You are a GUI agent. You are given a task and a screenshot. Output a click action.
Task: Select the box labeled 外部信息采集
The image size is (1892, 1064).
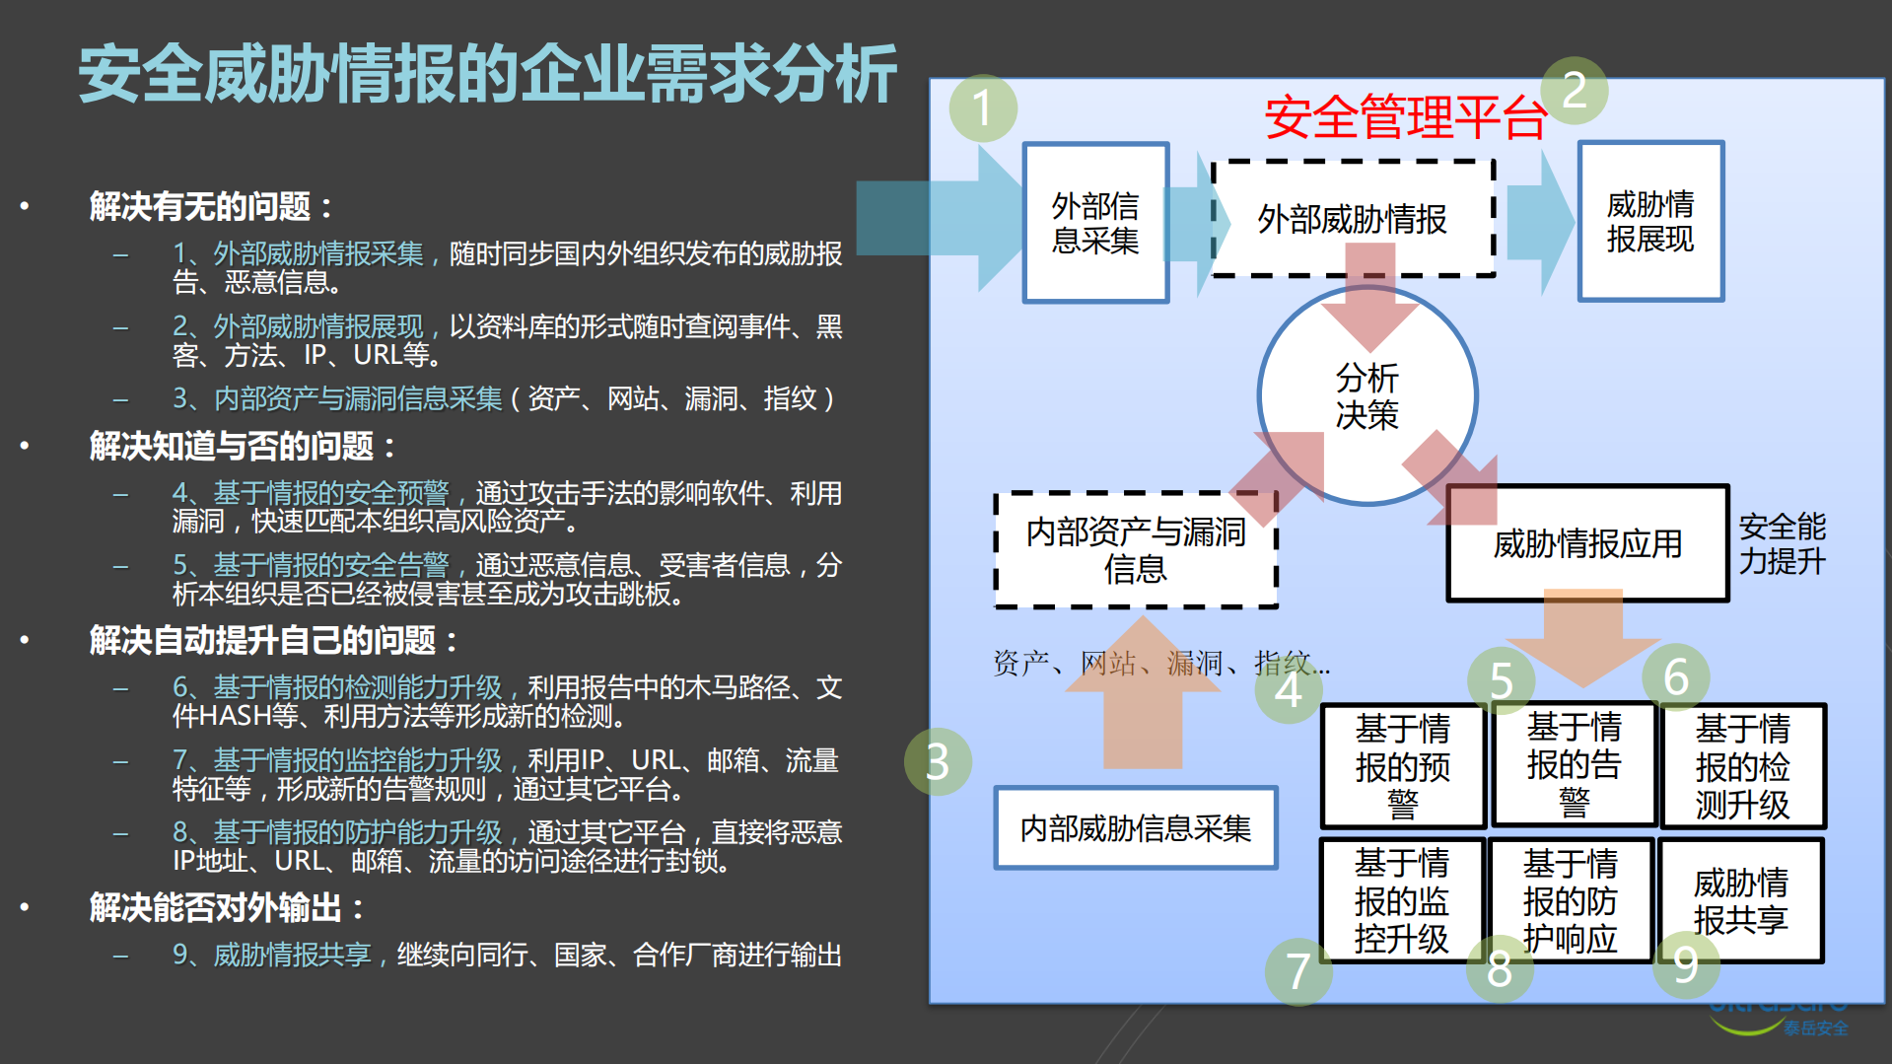(1095, 223)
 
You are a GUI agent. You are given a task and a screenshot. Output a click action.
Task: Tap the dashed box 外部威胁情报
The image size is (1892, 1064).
(1352, 218)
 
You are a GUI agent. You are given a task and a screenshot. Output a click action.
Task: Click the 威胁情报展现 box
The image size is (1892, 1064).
(1650, 221)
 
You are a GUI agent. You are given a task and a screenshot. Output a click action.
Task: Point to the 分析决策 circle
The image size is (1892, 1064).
(1366, 396)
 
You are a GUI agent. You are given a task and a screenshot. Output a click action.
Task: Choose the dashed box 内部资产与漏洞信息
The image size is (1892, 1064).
(1136, 550)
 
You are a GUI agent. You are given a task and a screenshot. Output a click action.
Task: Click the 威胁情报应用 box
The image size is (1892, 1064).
(1587, 543)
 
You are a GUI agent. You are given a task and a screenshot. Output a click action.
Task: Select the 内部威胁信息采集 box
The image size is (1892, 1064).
(1136, 828)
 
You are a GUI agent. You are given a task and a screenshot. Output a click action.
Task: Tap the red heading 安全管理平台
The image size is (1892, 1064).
(1405, 117)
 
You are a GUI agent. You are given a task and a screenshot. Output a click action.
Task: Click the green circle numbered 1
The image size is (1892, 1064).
(983, 107)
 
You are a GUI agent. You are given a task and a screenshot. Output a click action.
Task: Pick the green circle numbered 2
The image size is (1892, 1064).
(1575, 90)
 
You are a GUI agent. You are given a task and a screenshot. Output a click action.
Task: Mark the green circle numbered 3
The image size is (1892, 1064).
(938, 761)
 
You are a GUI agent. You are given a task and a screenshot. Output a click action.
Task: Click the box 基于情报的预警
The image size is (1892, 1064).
(1402, 766)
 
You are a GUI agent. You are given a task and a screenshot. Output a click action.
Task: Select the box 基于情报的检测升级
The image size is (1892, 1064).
(1742, 766)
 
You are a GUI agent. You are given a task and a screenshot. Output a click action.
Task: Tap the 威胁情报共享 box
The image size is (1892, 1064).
(1740, 900)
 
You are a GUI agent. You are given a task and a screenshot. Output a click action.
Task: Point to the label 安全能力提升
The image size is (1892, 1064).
(1782, 543)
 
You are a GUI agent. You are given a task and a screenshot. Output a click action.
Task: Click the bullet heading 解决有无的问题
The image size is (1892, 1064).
(211, 206)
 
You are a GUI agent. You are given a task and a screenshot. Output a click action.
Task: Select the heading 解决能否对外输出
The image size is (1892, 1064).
(227, 907)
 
